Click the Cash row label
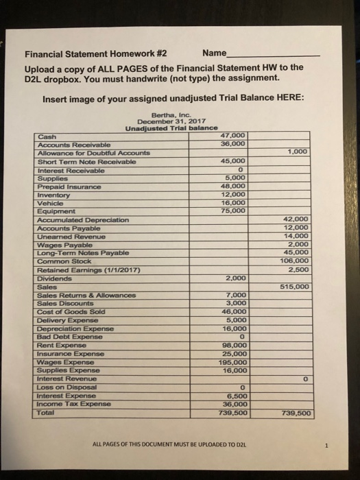(x=47, y=136)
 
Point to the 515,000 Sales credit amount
(x=298, y=287)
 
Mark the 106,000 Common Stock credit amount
(x=298, y=261)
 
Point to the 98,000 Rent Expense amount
(x=232, y=346)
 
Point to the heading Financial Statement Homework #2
(x=96, y=54)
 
